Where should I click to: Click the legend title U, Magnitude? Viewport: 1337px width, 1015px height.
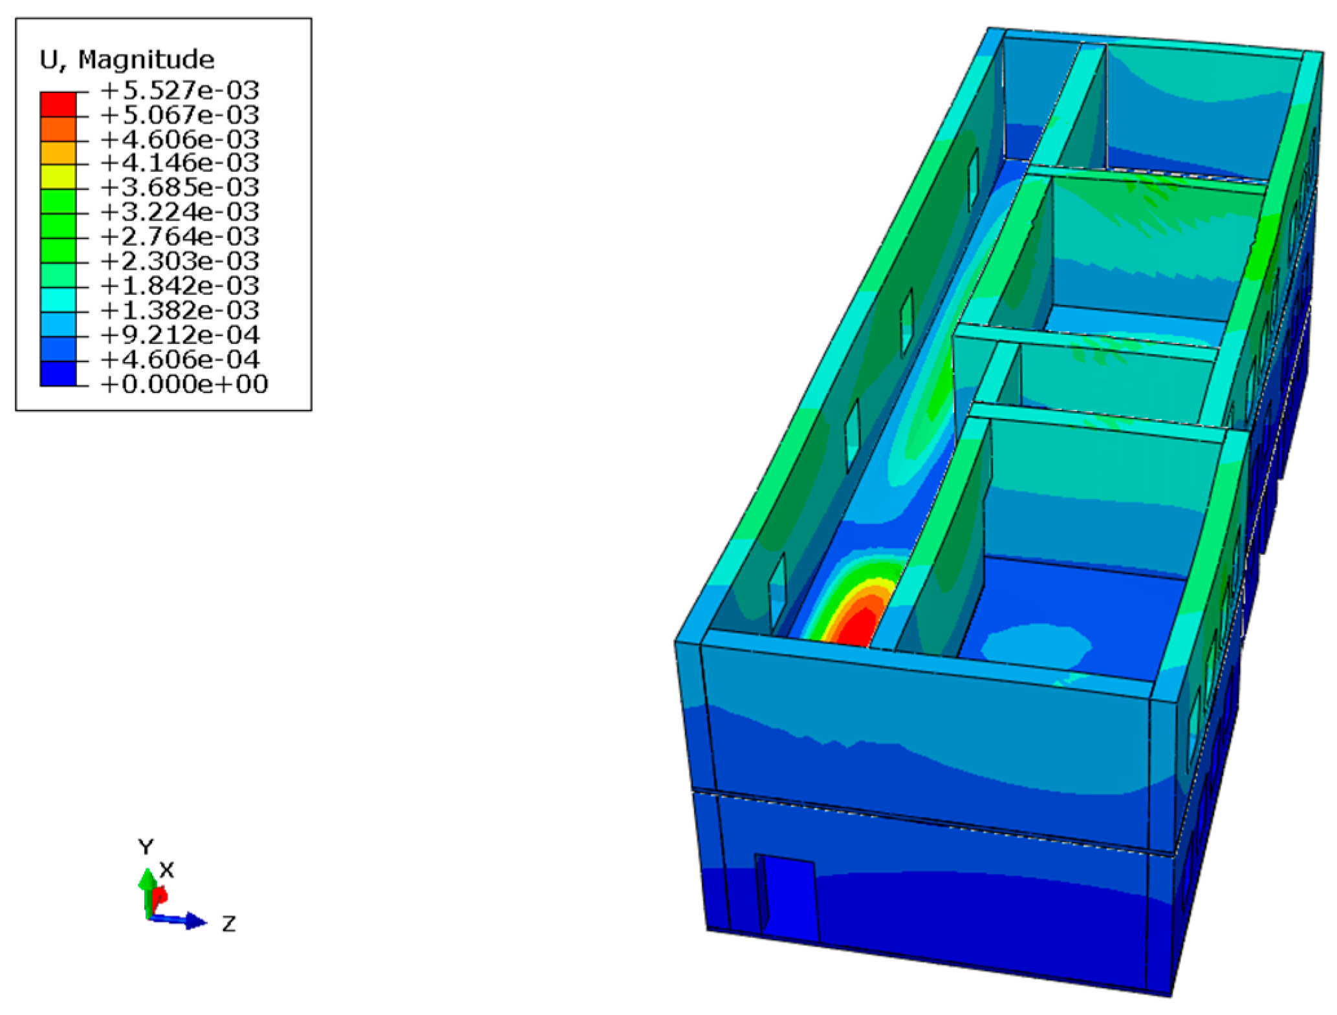127,59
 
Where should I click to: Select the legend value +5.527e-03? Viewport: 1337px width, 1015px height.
180,90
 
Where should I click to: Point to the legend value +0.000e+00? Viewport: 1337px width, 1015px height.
184,384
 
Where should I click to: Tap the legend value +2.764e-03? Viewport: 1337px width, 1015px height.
180,237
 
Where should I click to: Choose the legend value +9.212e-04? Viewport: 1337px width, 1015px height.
180,335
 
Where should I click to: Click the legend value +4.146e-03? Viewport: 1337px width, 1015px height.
180,163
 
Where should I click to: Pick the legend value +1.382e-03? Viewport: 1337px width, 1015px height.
180,310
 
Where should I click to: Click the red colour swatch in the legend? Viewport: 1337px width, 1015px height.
58,104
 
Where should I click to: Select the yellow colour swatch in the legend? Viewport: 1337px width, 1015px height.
58,177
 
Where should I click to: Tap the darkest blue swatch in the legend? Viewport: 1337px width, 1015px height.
58,374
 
